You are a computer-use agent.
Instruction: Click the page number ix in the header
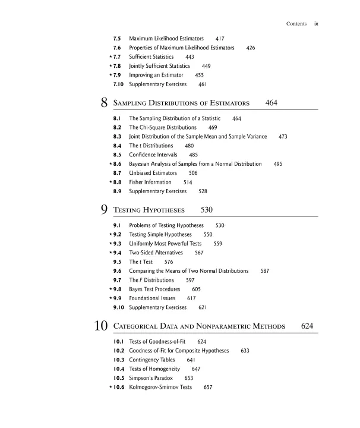tap(317, 24)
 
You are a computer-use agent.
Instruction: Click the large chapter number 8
tap(104, 103)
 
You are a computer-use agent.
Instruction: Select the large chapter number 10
tap(100, 326)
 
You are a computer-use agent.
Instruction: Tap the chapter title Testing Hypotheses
tap(149, 210)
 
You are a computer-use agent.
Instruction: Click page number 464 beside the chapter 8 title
tap(271, 103)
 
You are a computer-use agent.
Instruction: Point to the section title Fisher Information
tap(150, 182)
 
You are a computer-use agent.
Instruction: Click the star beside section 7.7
tap(110, 57)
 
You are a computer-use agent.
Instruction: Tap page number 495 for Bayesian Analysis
tap(277, 163)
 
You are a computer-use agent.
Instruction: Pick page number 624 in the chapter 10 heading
tap(307, 326)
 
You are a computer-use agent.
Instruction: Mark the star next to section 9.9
tap(110, 298)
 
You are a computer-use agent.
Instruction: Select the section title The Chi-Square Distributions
tap(163, 127)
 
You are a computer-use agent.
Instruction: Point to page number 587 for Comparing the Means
tap(265, 270)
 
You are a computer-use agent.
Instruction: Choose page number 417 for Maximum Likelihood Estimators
tap(220, 38)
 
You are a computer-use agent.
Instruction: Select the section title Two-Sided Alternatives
tap(156, 253)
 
